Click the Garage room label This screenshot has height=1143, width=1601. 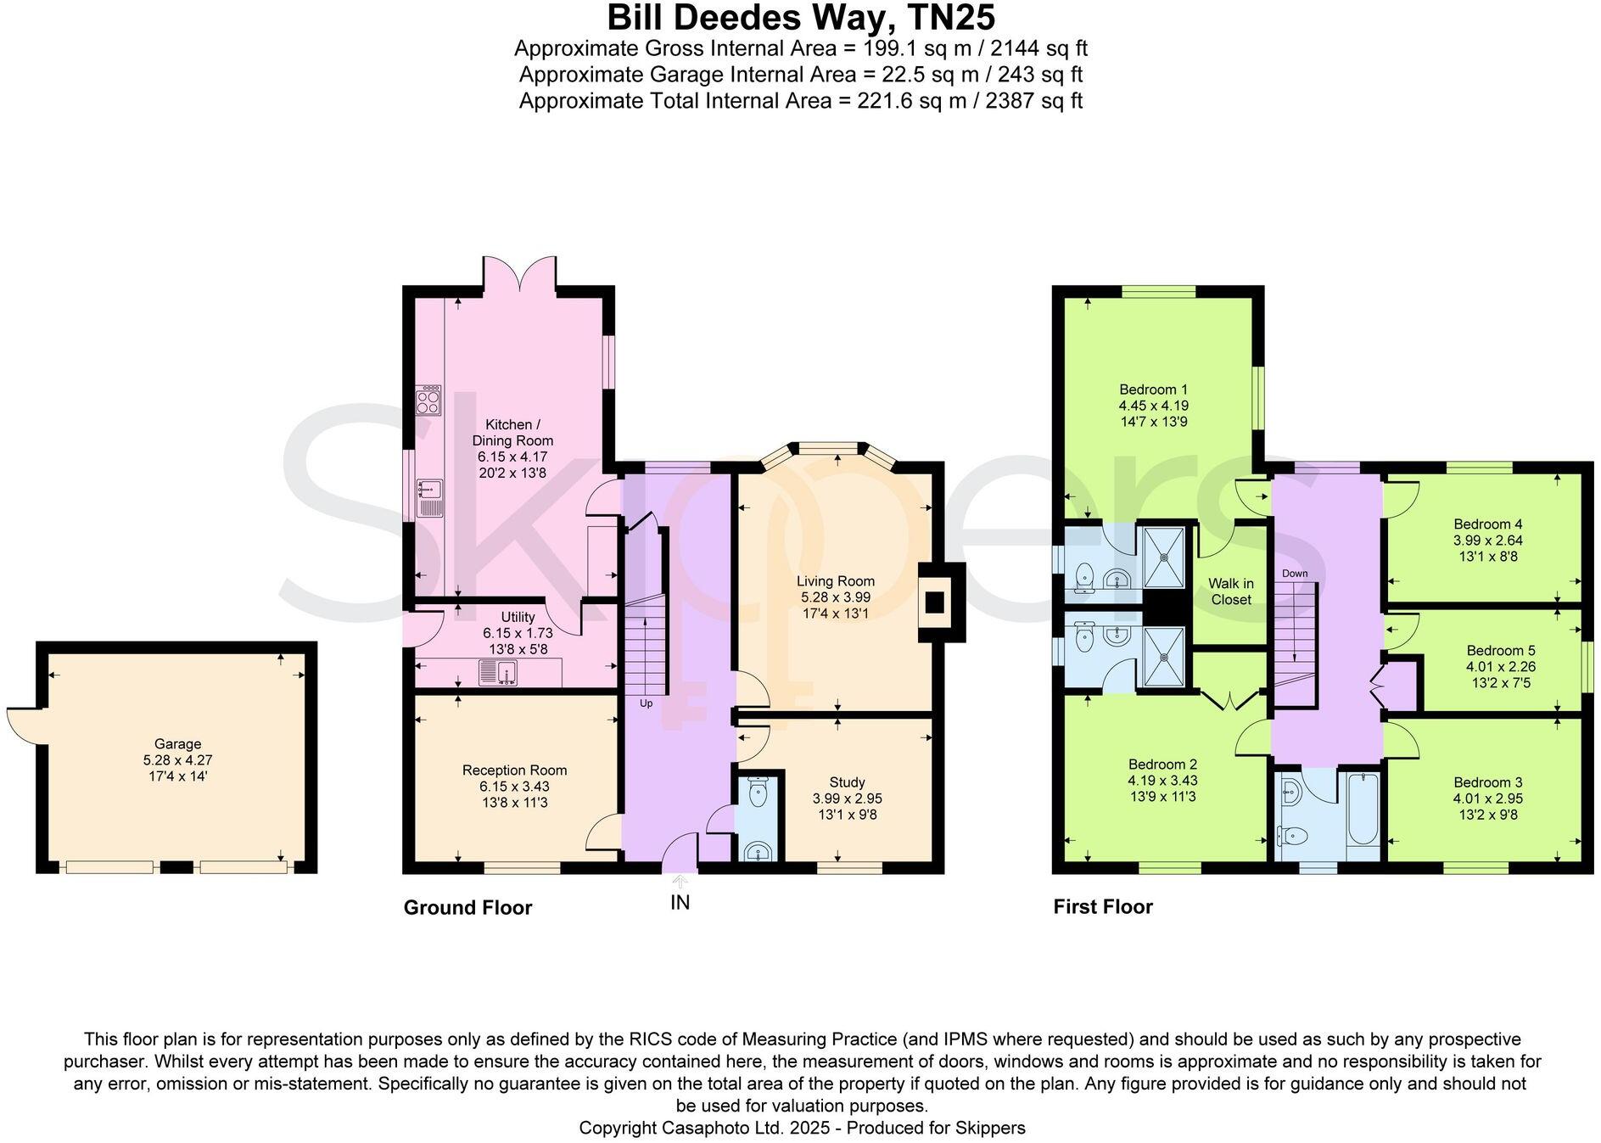coord(177,744)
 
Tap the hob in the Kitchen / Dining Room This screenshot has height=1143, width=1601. coord(428,401)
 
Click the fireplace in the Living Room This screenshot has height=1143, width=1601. coord(935,602)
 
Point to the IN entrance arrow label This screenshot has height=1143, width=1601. coord(680,902)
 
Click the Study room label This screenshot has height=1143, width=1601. coord(847,782)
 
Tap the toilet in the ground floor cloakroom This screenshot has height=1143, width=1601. coord(758,795)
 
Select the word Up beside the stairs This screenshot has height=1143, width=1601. coord(646,703)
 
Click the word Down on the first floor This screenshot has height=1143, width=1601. coord(1295,574)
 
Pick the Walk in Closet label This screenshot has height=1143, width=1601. coord(1230,591)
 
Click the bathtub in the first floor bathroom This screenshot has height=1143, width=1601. coord(1363,808)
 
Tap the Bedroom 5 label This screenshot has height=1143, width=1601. coord(1500,651)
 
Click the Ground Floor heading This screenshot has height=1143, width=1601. coord(467,908)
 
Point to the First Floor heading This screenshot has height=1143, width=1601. coord(1103,907)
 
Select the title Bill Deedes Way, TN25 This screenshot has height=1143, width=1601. coord(800,17)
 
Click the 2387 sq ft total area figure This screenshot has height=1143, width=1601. coord(1035,101)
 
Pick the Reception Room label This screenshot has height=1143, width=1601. coord(514,770)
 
